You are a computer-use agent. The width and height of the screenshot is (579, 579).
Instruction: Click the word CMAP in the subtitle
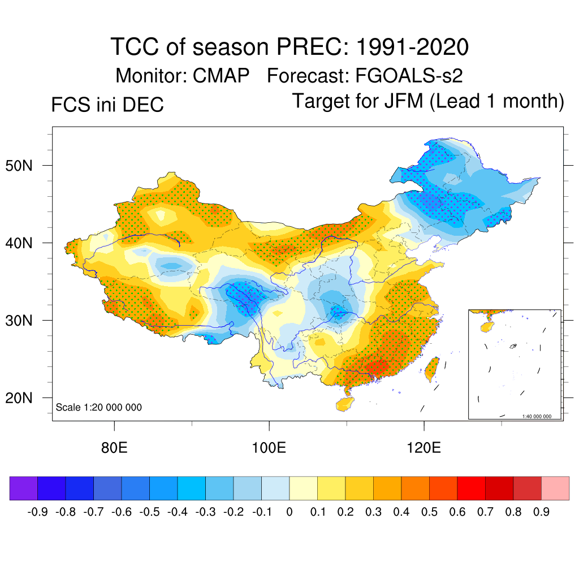click(x=221, y=75)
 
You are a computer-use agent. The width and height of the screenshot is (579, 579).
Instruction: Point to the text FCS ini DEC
click(x=107, y=105)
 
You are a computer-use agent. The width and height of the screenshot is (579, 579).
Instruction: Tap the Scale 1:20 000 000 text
click(x=99, y=407)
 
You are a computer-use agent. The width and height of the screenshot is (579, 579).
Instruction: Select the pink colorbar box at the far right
click(x=555, y=488)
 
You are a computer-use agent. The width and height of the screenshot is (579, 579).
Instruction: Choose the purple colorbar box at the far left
click(x=24, y=488)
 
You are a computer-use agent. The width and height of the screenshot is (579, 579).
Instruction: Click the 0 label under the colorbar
click(x=289, y=512)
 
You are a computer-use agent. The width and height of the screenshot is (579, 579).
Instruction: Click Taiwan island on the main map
click(x=432, y=368)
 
